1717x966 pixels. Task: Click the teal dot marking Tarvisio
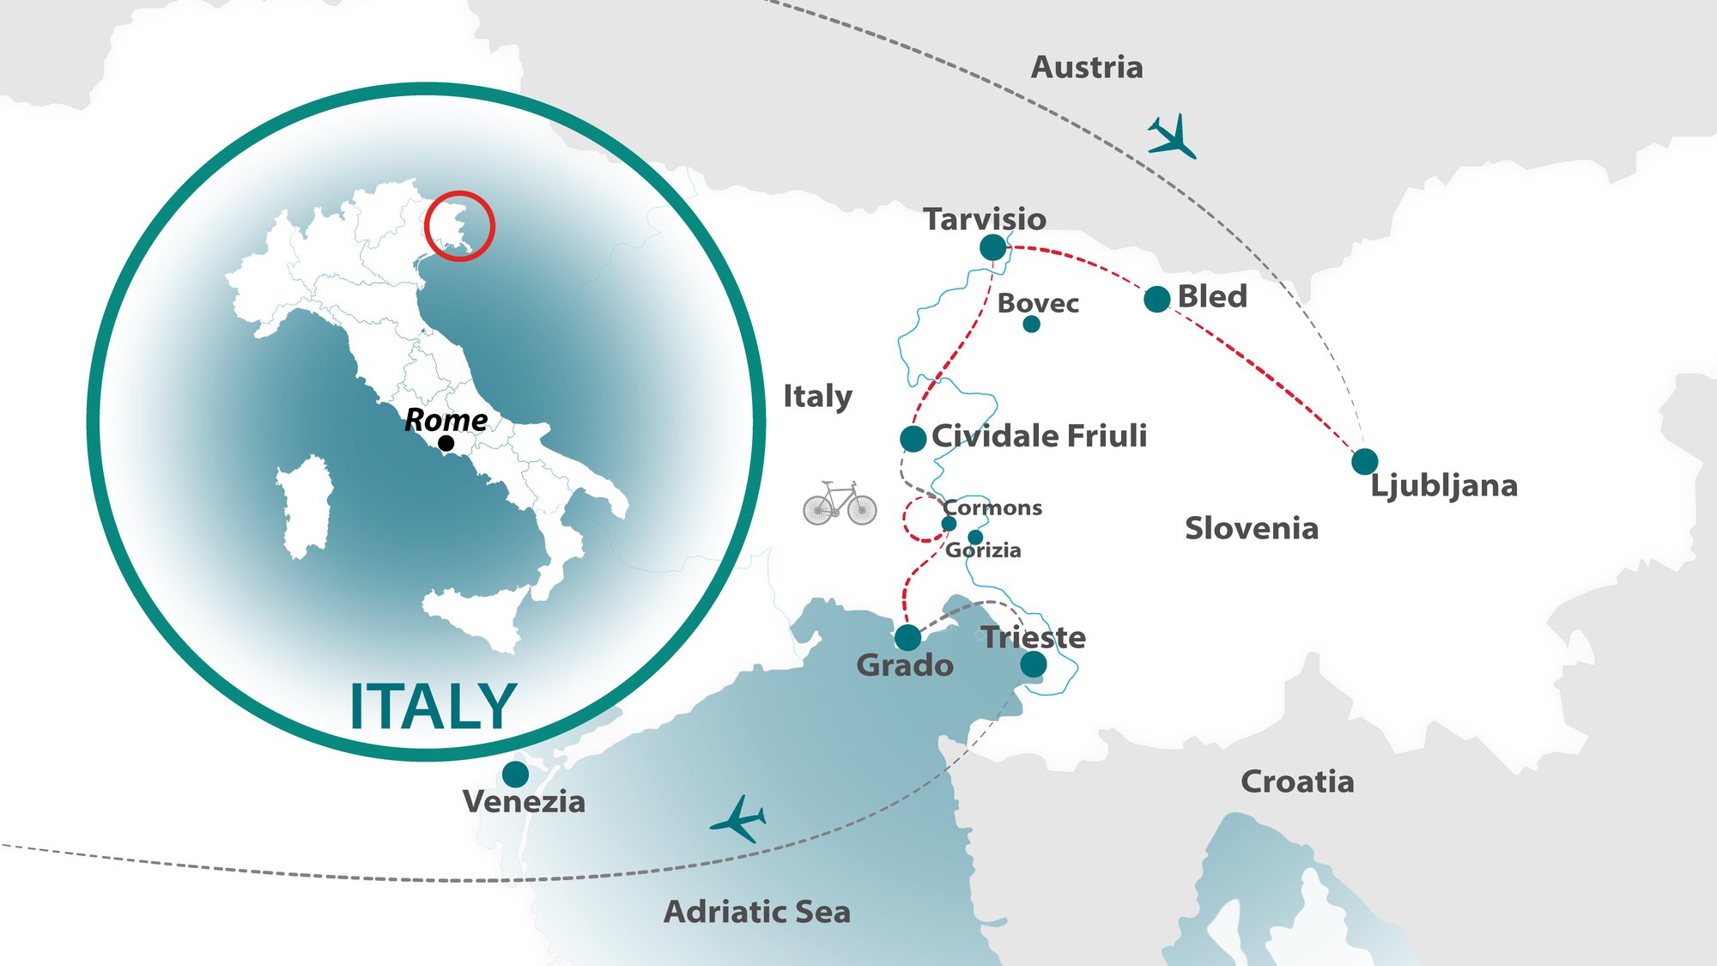(992, 247)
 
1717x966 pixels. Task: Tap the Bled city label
(1211, 296)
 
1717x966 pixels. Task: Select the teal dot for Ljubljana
(1364, 461)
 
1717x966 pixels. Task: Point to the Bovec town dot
(1031, 324)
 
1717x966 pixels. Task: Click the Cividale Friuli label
(1039, 435)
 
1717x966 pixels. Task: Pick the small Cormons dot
(949, 524)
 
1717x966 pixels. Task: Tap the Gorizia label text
(984, 550)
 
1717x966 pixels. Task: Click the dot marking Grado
(907, 637)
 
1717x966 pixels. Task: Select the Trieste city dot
(1033, 664)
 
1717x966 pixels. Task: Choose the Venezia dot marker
(515, 775)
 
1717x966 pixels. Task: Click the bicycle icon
(840, 503)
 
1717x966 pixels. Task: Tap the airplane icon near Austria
(1171, 137)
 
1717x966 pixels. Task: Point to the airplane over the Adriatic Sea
(738, 819)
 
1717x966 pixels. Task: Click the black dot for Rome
(446, 443)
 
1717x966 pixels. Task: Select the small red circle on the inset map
(459, 226)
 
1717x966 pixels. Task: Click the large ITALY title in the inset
(433, 707)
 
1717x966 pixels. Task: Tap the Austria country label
(1086, 67)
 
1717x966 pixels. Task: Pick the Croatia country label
(1297, 781)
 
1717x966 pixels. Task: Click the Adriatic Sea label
(756, 911)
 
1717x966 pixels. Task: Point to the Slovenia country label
(1251, 528)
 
